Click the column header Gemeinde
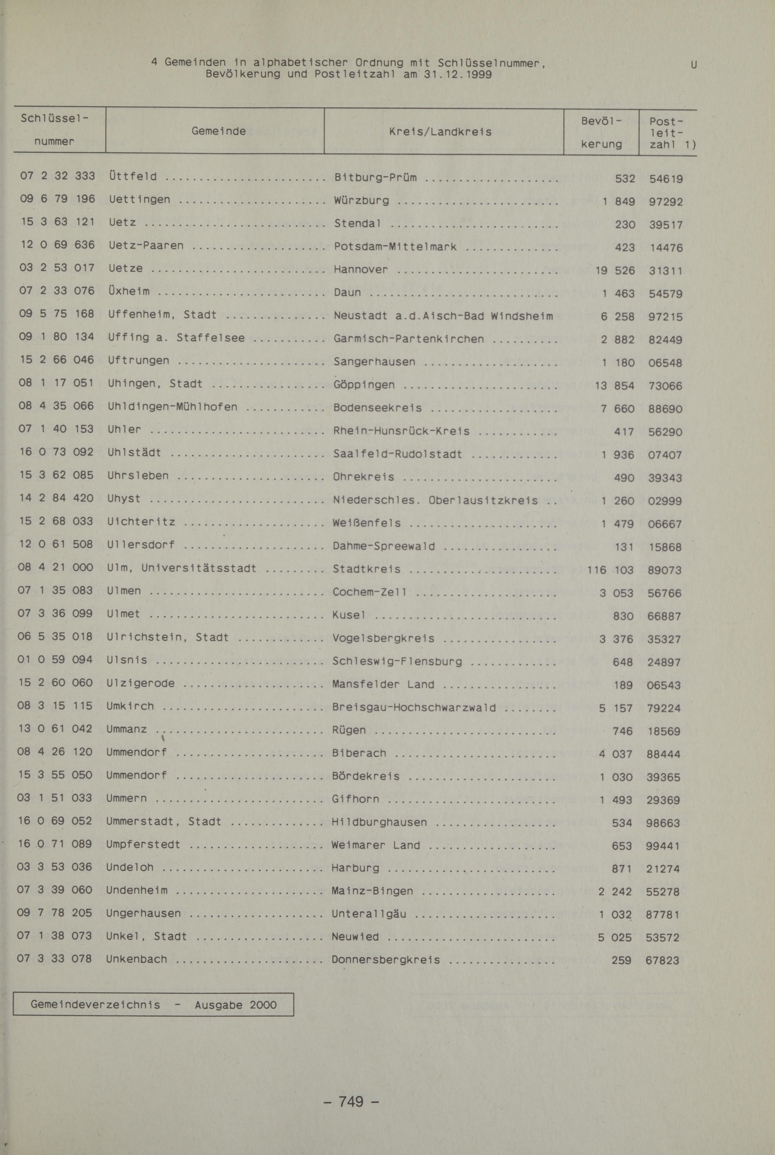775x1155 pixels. click(218, 131)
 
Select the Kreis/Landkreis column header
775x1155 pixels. click(440, 132)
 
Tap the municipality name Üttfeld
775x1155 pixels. click(133, 177)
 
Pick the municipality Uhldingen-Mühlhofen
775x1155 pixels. click(173, 407)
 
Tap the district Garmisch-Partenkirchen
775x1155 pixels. click(408, 339)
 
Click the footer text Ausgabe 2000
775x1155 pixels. click(235, 1005)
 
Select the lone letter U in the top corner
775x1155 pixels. click(693, 65)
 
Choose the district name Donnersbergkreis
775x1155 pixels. click(385, 960)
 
